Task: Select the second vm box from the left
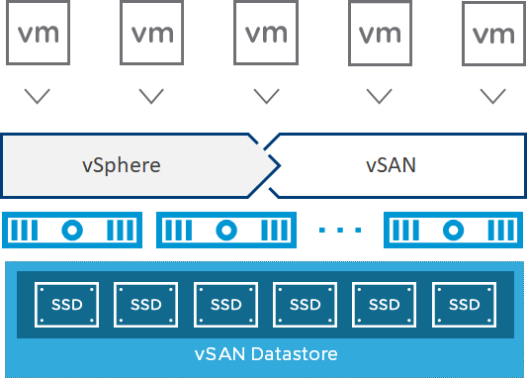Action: point(152,34)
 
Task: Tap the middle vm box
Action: point(266,34)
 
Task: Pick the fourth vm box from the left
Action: point(380,34)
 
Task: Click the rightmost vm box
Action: point(493,35)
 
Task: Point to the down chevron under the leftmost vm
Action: point(38,96)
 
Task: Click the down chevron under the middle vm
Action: point(266,96)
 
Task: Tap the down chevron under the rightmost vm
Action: point(493,96)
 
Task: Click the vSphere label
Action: point(121,164)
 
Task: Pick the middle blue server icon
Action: point(226,230)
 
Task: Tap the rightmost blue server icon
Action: point(453,230)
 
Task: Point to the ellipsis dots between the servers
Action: point(340,231)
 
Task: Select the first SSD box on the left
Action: point(67,302)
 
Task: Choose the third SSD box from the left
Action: point(225,302)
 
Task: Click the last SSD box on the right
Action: point(464,302)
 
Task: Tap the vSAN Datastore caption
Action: point(265,354)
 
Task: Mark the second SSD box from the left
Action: point(146,302)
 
